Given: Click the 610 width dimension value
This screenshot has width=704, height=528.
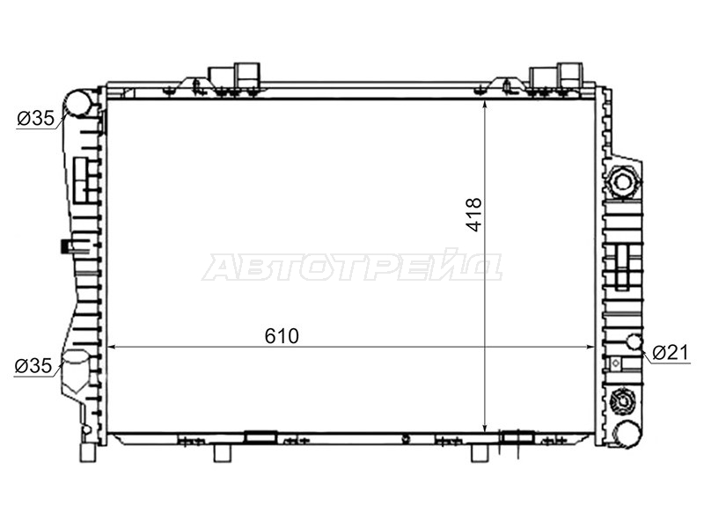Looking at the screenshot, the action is [x=282, y=336].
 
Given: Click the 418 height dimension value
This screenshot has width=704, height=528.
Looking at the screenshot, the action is [x=474, y=215].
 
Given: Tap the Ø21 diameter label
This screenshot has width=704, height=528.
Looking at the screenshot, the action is [x=671, y=353].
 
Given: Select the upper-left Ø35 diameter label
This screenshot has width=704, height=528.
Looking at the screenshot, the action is [x=35, y=119].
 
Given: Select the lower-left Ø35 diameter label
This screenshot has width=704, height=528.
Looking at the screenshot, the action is [x=33, y=366].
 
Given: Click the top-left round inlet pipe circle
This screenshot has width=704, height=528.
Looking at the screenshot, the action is [x=77, y=103].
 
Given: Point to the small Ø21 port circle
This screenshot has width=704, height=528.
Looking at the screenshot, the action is [x=634, y=341].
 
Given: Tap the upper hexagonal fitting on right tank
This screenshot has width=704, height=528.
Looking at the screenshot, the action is [x=623, y=182].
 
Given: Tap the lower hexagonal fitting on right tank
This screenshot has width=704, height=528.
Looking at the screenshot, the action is [x=623, y=400].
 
